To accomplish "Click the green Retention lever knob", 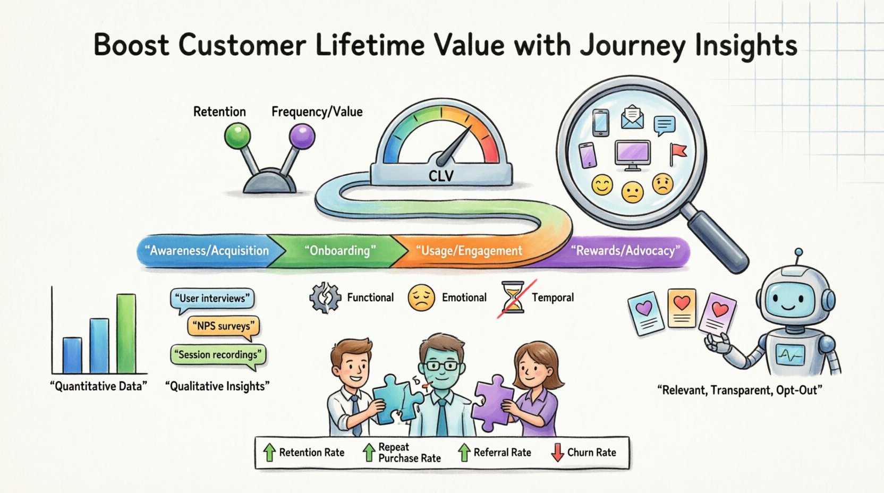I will [237, 135].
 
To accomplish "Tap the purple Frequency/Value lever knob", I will [302, 136].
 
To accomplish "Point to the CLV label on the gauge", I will [441, 176].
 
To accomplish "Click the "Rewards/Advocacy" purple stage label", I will [625, 251].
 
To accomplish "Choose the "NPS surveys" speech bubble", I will [223, 326].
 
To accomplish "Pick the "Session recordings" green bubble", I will [218, 354].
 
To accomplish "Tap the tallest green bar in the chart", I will [126, 333].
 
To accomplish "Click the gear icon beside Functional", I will [325, 297].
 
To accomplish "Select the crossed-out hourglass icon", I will [513, 297].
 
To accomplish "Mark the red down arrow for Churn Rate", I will [557, 452].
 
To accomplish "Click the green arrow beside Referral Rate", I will [464, 452].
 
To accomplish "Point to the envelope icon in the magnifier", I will [632, 117].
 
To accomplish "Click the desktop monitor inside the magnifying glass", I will [632, 154].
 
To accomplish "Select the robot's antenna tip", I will [798, 252].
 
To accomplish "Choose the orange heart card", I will [682, 308].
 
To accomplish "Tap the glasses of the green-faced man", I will [442, 365].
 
